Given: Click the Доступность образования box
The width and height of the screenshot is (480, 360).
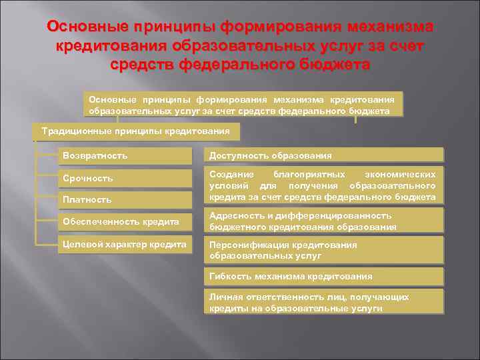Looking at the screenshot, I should click(x=323, y=155).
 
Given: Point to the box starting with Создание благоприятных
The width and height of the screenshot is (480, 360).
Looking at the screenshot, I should click(x=323, y=185).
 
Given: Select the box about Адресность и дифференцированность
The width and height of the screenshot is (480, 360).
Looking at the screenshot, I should click(x=323, y=221).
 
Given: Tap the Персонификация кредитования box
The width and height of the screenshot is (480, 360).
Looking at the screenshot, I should click(x=323, y=250).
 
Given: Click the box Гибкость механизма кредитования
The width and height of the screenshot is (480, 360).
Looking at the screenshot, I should click(x=323, y=275).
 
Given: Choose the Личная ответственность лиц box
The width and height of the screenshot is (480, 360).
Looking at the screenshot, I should click(x=323, y=302).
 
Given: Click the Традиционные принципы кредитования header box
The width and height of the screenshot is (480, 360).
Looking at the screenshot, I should click(x=135, y=131).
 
